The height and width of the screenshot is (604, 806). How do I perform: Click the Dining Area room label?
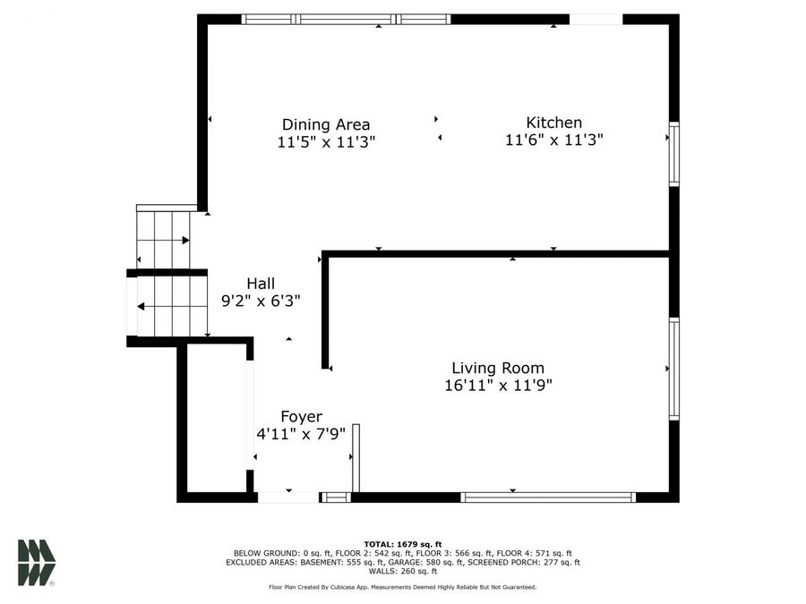326,124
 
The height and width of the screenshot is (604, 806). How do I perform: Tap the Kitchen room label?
554,123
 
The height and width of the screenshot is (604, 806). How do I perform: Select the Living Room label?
498,368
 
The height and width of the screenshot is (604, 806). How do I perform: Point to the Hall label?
261,284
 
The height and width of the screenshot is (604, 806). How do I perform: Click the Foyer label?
301,416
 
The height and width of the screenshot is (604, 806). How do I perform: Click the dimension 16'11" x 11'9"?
498,385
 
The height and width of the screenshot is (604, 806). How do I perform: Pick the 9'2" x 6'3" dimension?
261,301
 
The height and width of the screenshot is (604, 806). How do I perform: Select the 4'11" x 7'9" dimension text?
301,434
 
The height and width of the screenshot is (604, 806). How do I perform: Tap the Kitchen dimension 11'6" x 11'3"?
554,140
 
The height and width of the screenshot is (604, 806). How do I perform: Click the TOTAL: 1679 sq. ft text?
403,544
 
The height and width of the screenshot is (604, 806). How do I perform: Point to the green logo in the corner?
36,563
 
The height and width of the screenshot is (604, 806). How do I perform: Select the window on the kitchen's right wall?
673,154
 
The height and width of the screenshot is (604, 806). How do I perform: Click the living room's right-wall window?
673,369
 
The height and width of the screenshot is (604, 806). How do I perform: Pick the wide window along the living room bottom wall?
548,497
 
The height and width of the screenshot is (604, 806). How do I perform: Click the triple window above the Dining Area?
346,20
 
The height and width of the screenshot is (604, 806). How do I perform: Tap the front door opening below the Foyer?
288,497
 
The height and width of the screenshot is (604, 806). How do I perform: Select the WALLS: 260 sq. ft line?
403,571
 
